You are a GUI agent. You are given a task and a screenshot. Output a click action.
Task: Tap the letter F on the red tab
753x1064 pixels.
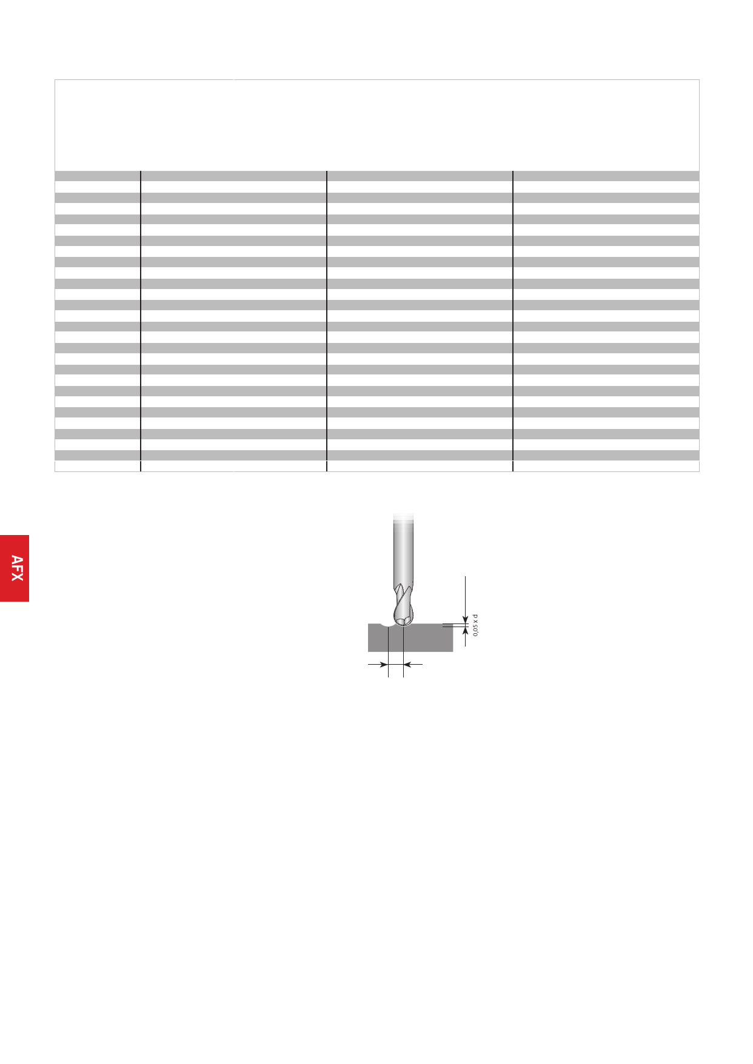tap(18, 568)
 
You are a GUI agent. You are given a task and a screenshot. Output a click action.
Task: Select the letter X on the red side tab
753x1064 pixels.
tap(18, 576)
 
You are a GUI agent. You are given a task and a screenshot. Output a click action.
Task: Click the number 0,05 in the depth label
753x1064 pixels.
tap(476, 630)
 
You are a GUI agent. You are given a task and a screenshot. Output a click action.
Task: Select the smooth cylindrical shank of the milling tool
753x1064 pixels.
tap(403, 551)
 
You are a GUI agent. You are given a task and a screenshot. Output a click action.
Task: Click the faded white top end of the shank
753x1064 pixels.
tap(404, 517)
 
